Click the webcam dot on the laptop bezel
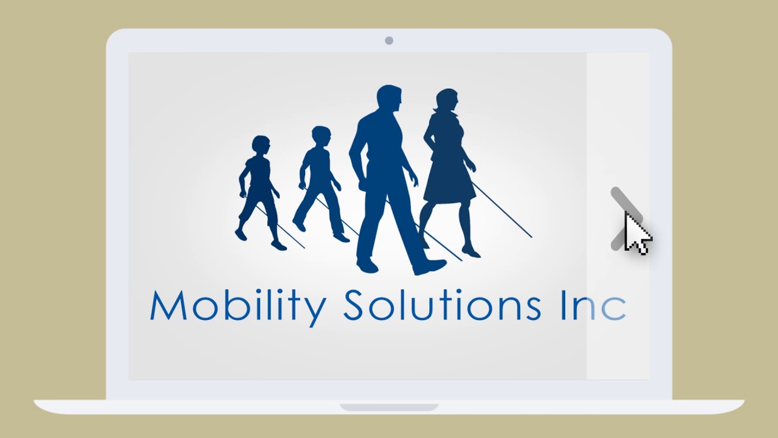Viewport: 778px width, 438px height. [389, 41]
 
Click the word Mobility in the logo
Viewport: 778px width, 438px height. [238, 306]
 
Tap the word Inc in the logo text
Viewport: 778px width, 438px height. [593, 305]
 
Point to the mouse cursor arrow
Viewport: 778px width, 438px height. [635, 232]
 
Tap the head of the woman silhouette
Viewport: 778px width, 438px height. [447, 101]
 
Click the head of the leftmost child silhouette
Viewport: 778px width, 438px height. [261, 145]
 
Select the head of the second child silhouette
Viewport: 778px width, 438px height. [321, 136]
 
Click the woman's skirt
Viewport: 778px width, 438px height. [449, 182]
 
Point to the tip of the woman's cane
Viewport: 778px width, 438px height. [531, 236]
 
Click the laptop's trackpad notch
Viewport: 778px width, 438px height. [389, 406]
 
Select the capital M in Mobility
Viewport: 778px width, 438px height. [168, 305]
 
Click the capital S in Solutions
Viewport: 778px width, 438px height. [354, 305]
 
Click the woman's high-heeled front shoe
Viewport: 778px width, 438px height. [471, 251]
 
